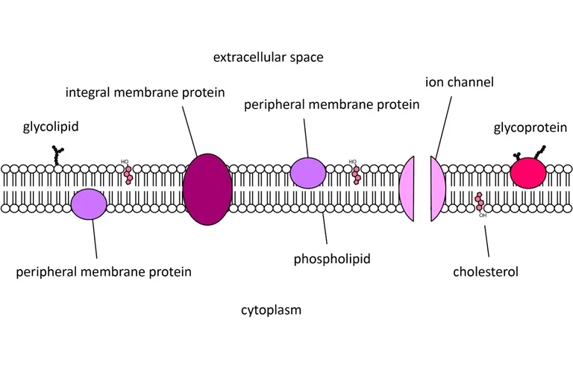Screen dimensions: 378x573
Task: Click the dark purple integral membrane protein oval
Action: [x=207, y=189]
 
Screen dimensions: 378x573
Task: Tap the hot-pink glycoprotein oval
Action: [x=528, y=174]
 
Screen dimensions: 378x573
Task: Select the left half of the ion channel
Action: [x=407, y=189]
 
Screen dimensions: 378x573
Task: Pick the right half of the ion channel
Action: [x=437, y=189]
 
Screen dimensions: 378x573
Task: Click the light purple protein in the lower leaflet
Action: [x=89, y=204]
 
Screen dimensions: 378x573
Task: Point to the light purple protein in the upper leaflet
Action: [x=307, y=173]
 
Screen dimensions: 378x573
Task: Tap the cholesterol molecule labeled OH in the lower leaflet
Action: [x=480, y=204]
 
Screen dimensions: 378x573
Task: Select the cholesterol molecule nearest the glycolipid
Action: [x=128, y=174]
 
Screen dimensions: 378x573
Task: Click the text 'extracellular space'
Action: [x=268, y=57]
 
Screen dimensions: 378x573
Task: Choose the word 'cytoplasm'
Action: [x=271, y=309]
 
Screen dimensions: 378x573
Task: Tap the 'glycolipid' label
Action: [x=51, y=127]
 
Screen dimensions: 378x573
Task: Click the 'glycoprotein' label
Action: [x=530, y=127]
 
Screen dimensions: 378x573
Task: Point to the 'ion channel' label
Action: [x=459, y=82]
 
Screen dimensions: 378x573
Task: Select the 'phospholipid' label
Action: [x=332, y=259]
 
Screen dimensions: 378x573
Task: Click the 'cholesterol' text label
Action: [x=485, y=271]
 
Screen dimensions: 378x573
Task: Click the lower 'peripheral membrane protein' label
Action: [x=104, y=271]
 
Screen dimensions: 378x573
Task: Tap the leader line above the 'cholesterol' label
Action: [x=487, y=240]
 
